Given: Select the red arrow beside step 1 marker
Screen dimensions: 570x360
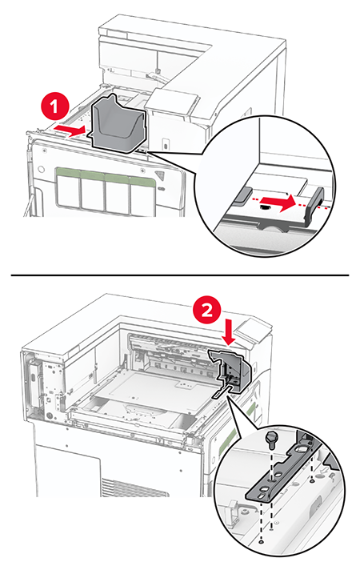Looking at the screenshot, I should tap(72, 126).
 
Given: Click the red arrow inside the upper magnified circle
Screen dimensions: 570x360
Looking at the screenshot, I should tap(282, 203).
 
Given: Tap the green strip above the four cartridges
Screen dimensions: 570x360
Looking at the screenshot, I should tap(106, 171).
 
